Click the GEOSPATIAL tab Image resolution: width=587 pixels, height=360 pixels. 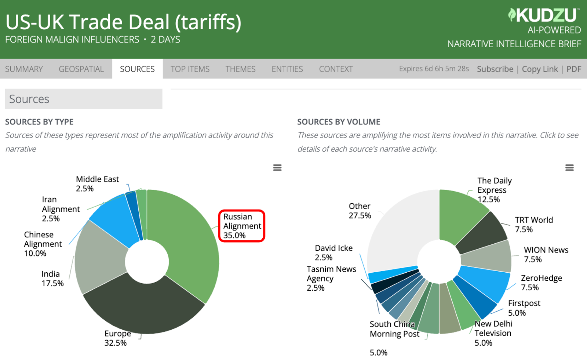coord(81,69)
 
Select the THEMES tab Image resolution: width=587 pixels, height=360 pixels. coord(240,69)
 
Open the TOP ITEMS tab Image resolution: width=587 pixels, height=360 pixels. coord(190,69)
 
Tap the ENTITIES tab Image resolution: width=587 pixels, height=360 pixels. coord(287,69)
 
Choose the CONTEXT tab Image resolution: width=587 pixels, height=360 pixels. coord(336,69)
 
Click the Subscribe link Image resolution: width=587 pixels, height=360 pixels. coord(495,69)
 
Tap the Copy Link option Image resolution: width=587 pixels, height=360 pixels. coord(540,69)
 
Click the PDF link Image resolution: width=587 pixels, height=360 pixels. coord(574,69)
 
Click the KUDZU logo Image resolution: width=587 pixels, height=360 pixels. coord(544,15)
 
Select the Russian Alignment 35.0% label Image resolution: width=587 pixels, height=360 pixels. coord(242,226)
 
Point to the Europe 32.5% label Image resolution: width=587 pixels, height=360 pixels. coord(117,338)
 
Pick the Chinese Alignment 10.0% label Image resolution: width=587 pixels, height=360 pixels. coord(43,244)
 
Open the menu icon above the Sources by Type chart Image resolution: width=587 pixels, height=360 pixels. coord(277,168)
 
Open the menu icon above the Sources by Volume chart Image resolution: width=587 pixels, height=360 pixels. coord(569,168)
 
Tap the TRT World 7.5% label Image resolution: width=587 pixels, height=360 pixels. coord(533,225)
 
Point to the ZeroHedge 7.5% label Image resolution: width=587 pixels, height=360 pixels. coord(541,283)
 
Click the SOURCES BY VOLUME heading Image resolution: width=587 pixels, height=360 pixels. coord(339,122)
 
